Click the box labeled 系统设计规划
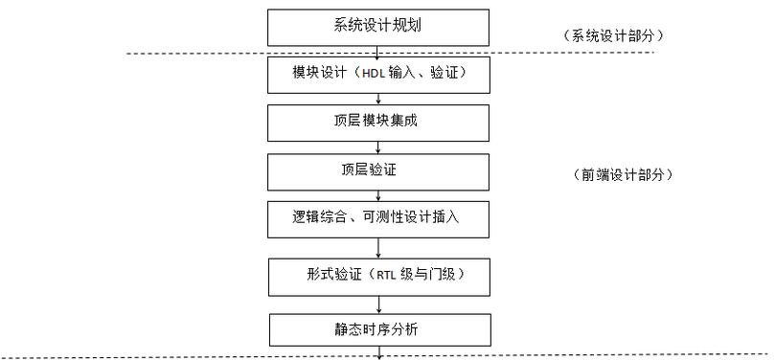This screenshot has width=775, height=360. (380, 27)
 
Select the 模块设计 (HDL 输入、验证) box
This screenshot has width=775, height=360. (380, 74)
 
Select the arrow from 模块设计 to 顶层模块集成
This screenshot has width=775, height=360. (380, 98)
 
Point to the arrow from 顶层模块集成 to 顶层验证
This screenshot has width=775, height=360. (380, 146)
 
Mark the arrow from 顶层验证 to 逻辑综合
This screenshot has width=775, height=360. (380, 195)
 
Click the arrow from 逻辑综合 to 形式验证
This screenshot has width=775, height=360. (380, 247)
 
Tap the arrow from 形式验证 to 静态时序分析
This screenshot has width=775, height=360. (380, 303)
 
